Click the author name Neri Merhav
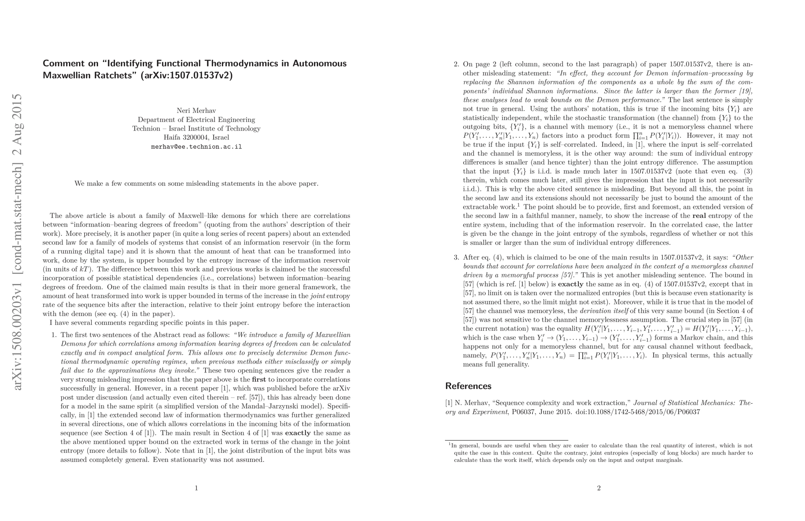(x=196, y=111)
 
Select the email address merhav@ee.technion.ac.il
(x=196, y=147)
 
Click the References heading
(x=468, y=386)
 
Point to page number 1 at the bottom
(x=196, y=488)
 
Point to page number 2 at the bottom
(x=599, y=488)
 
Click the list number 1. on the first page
(x=54, y=335)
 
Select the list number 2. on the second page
(x=456, y=65)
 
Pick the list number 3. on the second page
(x=456, y=257)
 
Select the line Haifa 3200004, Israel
(x=196, y=138)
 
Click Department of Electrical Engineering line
(x=196, y=120)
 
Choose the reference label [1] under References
(x=449, y=403)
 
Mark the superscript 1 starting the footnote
(x=449, y=444)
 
